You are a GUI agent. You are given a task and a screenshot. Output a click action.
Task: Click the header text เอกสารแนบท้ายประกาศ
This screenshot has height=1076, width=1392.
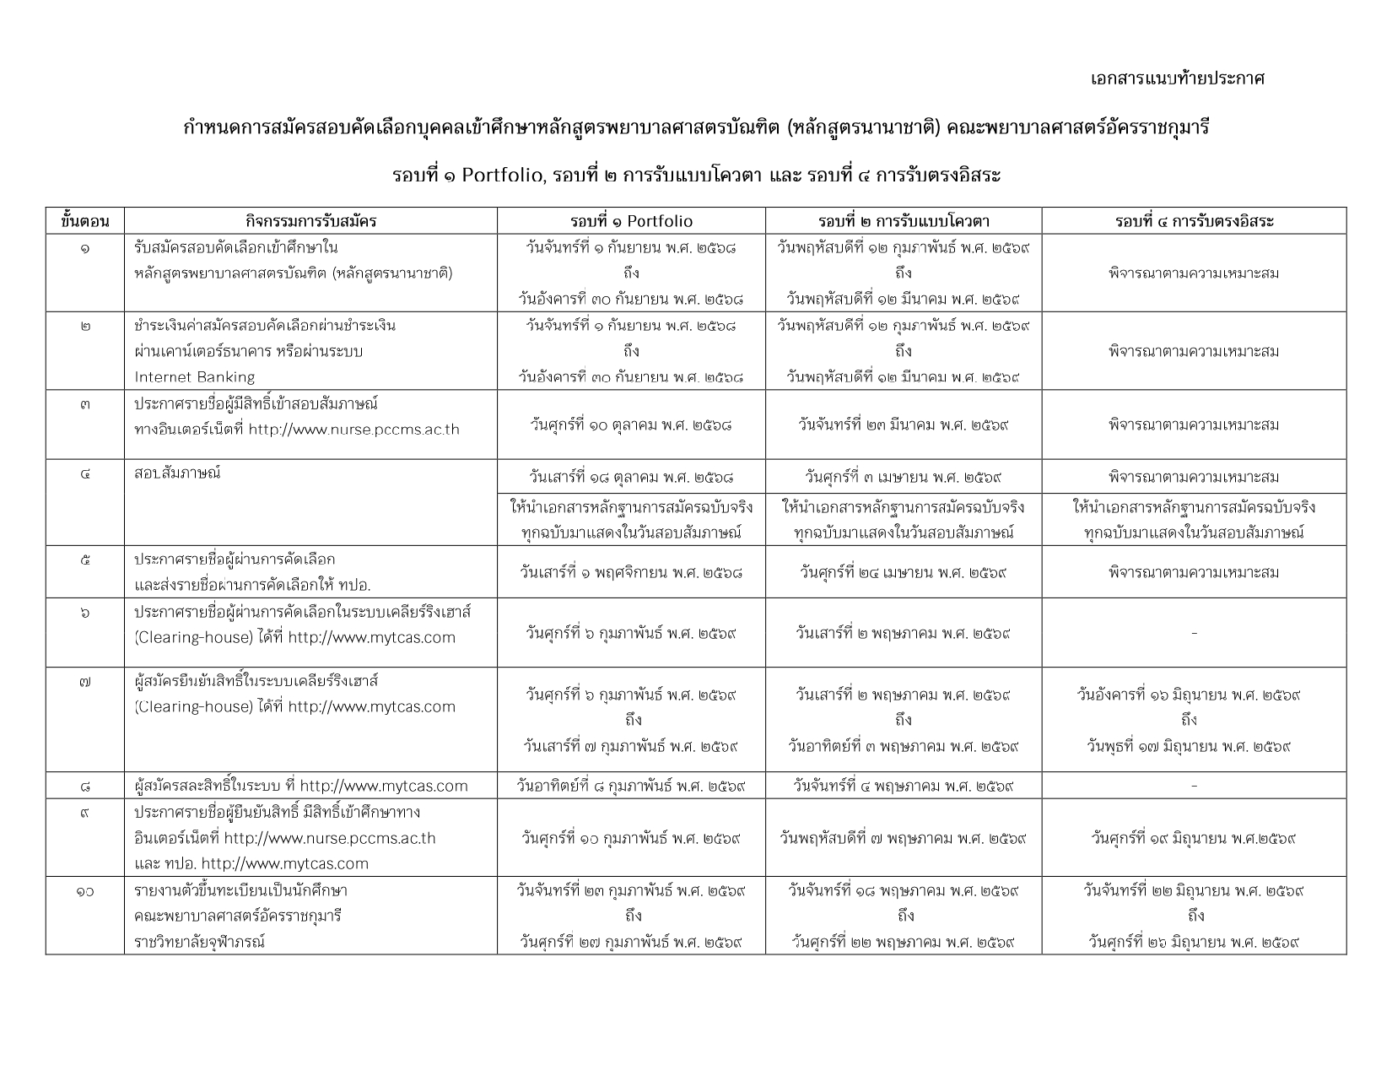(1177, 78)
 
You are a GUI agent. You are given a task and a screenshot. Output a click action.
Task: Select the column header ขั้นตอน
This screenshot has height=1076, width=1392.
(85, 221)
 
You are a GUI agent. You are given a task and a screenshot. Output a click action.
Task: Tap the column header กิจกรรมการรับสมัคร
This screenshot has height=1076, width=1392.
(310, 221)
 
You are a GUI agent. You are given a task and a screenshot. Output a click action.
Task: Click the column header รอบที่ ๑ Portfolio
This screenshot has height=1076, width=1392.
(631, 221)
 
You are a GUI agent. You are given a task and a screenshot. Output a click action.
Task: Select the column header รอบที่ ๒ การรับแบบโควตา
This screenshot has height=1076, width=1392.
(904, 221)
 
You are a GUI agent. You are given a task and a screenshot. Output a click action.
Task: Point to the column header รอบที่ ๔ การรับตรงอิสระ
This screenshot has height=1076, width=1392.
(1194, 221)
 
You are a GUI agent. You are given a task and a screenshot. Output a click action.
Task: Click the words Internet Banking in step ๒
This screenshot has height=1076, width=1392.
(194, 376)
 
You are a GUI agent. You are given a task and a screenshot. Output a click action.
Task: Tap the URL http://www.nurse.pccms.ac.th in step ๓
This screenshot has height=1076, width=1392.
(353, 429)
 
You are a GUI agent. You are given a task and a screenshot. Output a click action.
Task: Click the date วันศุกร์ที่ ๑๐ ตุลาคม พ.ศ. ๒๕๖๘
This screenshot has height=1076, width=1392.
(631, 424)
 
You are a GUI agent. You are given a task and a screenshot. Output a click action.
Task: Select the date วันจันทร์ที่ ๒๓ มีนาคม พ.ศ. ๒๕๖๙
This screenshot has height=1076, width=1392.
(904, 424)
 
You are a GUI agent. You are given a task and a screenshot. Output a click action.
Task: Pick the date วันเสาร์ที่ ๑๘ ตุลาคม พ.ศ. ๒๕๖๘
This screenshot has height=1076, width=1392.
(631, 477)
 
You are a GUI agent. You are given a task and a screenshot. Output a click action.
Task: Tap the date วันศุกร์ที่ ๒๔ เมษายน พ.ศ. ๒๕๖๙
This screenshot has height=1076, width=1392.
(904, 572)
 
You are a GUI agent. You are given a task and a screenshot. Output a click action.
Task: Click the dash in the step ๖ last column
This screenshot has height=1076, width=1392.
(1194, 633)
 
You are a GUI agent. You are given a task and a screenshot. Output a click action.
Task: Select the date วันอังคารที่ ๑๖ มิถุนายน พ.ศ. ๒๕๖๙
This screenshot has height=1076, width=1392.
(1189, 695)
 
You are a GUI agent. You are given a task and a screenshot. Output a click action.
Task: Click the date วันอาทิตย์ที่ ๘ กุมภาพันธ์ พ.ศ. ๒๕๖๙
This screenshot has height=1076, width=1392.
(631, 786)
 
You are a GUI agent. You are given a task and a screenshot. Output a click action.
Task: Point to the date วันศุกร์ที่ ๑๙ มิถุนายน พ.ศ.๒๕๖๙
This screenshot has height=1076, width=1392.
(1194, 838)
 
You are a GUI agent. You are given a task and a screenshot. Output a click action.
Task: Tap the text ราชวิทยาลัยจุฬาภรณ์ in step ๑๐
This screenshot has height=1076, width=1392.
(199, 941)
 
